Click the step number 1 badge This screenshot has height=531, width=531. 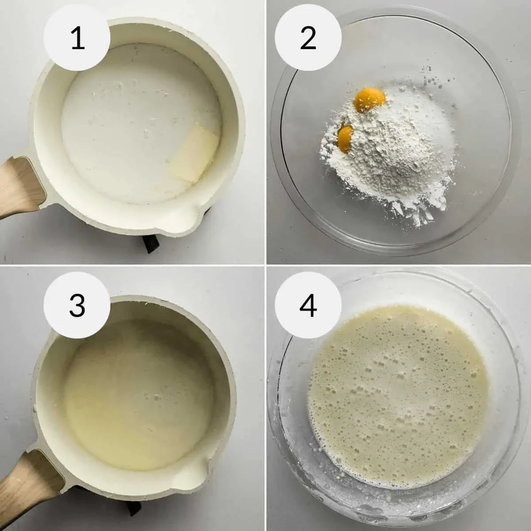(x=77, y=38)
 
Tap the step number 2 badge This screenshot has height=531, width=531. (x=308, y=38)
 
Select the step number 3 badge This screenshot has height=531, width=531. (x=77, y=304)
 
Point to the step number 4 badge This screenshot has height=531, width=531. (x=308, y=304)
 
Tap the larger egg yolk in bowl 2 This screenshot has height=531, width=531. (x=370, y=99)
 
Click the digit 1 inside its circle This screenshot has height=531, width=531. (x=77, y=38)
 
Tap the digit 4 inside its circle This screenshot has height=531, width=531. (x=308, y=304)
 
